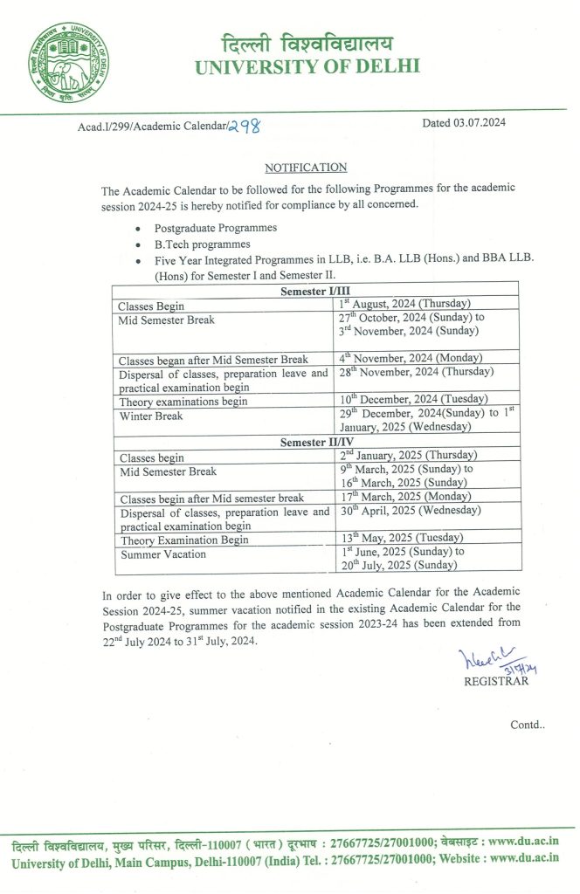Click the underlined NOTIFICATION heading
tap(306, 168)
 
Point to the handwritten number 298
tap(244, 127)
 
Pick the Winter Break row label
tap(151, 416)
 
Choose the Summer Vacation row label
tap(163, 554)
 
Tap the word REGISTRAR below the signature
tap(496, 682)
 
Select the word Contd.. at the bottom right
tap(528, 725)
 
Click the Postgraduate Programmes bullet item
tap(204, 228)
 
